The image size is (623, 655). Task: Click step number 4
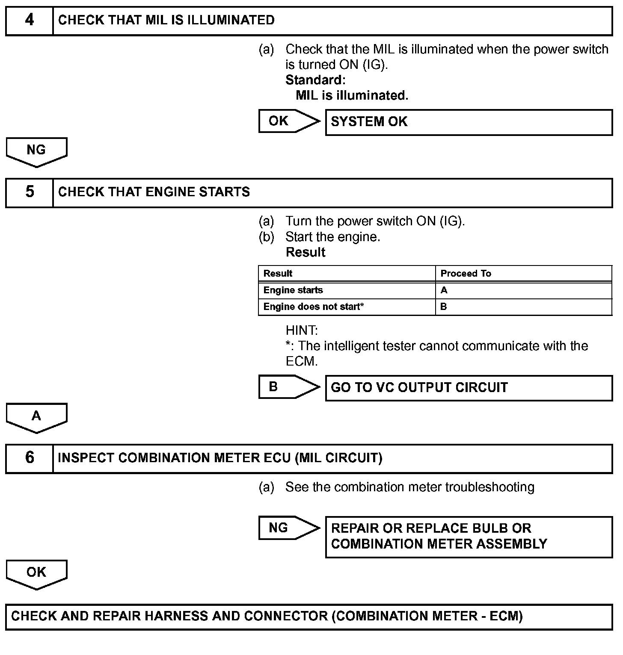click(30, 20)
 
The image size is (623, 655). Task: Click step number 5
click(30, 192)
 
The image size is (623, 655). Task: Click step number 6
click(30, 458)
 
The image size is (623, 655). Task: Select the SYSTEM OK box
click(469, 122)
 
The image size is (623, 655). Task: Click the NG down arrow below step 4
click(36, 151)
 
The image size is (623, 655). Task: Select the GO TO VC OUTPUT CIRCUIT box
click(469, 388)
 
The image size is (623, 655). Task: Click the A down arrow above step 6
click(36, 417)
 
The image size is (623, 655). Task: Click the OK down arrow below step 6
click(36, 574)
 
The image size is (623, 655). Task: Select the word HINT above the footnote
click(302, 330)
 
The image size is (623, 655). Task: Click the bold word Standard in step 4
click(315, 80)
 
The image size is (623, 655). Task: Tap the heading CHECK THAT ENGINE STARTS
click(154, 192)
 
